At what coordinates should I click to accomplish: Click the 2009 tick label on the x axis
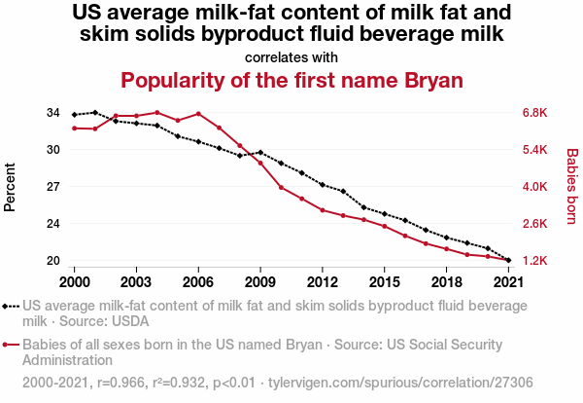click(x=260, y=281)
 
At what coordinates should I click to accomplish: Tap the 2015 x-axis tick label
click(x=384, y=281)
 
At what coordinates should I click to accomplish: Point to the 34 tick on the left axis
click(x=53, y=113)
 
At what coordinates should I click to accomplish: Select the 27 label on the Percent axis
click(x=53, y=187)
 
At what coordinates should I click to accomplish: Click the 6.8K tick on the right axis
click(x=536, y=113)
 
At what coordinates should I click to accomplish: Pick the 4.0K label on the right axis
click(x=536, y=187)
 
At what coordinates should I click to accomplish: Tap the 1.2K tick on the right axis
click(x=536, y=261)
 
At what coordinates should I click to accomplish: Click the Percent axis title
click(x=12, y=187)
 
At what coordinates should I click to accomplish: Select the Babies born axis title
click(x=571, y=187)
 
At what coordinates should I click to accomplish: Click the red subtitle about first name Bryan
click(x=291, y=79)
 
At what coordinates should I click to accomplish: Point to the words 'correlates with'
click(x=291, y=56)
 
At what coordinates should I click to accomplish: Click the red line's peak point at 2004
click(x=157, y=113)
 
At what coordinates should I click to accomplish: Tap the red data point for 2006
click(x=198, y=114)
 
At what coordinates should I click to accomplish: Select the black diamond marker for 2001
click(x=95, y=113)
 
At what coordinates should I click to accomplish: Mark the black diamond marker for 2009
click(x=260, y=152)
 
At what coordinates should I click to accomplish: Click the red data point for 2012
click(x=323, y=210)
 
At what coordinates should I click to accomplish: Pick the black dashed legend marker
click(x=11, y=306)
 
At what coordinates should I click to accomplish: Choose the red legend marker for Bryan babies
click(x=11, y=345)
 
